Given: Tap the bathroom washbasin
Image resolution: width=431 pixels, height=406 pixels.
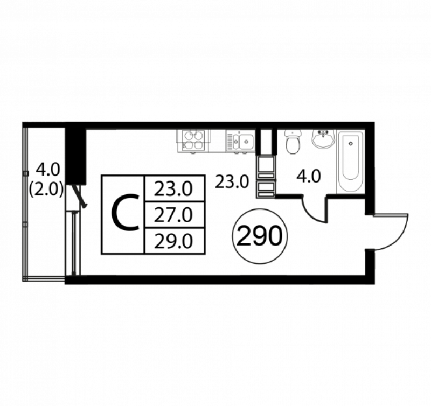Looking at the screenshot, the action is (x=324, y=138).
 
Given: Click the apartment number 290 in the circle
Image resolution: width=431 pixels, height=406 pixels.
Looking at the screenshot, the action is (x=260, y=236).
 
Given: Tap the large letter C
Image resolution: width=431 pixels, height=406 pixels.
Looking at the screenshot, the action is (x=125, y=212).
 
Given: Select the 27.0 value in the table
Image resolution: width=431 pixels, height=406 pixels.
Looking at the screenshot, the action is (x=173, y=215).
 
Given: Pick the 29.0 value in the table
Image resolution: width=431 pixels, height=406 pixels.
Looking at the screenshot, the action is (x=173, y=242).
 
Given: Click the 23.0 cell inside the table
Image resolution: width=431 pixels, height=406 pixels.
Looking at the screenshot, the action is (x=173, y=189).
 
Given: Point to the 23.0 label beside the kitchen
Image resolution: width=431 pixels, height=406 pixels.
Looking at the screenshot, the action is (x=232, y=182).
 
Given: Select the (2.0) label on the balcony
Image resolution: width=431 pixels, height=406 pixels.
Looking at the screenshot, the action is (x=46, y=189).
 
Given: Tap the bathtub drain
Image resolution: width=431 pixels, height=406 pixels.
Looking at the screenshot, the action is (x=351, y=143).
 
